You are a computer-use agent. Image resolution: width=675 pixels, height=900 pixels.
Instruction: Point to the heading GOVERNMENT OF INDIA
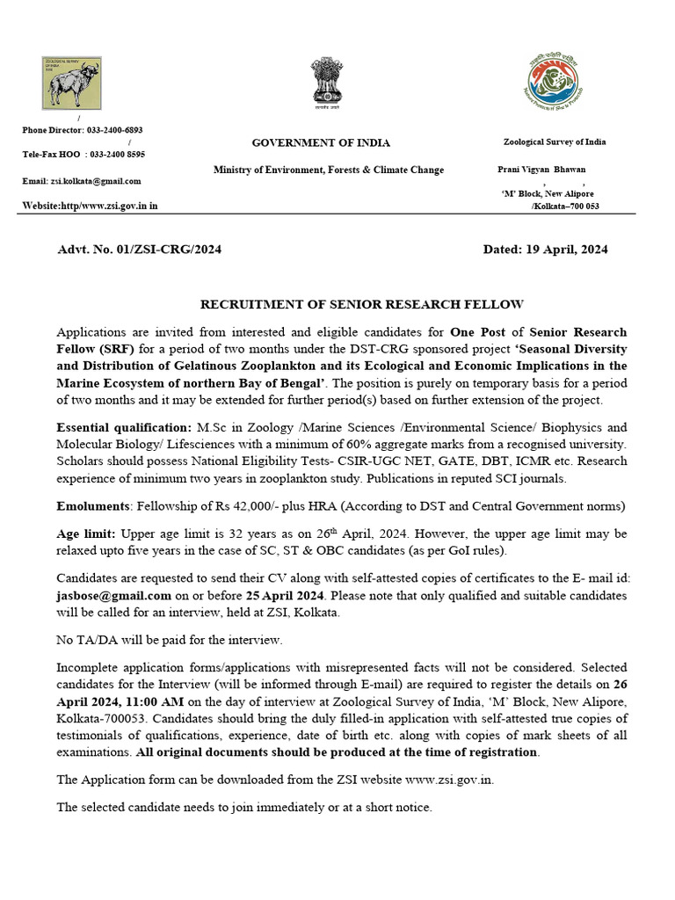(x=321, y=143)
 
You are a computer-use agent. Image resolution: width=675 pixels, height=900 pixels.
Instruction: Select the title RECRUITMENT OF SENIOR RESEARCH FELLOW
(x=362, y=304)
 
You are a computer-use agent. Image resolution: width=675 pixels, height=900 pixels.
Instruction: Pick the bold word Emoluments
(x=91, y=506)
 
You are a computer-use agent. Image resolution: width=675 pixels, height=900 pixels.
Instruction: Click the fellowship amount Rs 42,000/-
(x=246, y=506)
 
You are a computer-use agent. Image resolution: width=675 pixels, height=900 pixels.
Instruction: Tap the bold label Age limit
(x=86, y=534)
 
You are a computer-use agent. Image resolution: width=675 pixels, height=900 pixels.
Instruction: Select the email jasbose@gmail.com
(x=113, y=595)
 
